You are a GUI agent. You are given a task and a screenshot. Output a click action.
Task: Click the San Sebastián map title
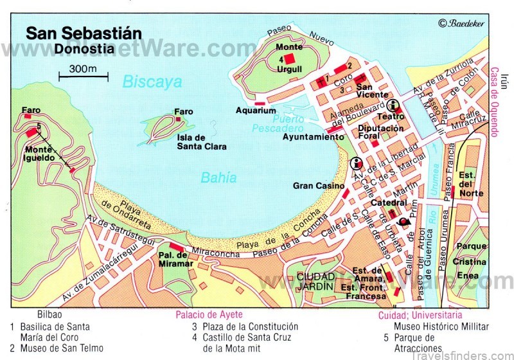(84, 33)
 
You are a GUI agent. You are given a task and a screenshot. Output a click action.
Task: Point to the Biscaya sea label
(152, 82)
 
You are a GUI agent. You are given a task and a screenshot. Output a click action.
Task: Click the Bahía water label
(218, 178)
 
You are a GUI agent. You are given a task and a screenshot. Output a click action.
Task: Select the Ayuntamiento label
(314, 137)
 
